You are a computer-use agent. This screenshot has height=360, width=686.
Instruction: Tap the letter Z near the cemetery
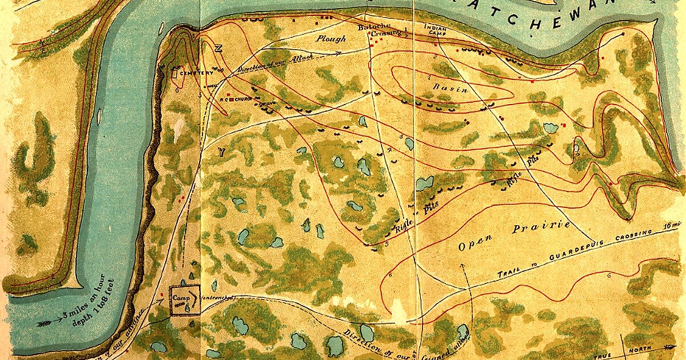tap(218, 49)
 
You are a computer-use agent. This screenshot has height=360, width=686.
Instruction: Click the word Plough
tap(332, 39)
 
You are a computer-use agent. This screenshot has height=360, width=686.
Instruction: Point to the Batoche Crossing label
tap(372, 31)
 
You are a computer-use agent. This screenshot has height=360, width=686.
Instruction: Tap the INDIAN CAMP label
tap(436, 30)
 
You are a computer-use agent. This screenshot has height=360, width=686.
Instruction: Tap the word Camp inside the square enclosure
tap(181, 298)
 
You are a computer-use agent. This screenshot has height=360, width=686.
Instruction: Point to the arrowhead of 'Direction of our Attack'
tap(340, 52)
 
